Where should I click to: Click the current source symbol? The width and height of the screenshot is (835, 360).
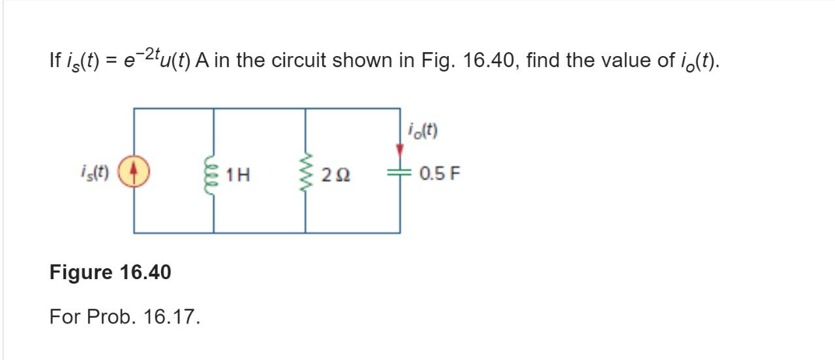(x=134, y=173)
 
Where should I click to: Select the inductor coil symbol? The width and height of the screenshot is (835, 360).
(x=213, y=174)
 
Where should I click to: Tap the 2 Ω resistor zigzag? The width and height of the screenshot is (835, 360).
(x=305, y=174)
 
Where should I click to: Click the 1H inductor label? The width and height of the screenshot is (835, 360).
(x=238, y=175)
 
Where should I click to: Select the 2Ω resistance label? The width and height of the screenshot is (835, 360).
(x=336, y=175)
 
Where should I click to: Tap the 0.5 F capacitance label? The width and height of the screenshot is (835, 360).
(x=440, y=174)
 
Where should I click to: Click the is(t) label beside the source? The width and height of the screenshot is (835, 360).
(x=95, y=173)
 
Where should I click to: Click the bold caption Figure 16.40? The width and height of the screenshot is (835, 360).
(x=110, y=272)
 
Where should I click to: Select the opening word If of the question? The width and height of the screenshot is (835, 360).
(x=55, y=61)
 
